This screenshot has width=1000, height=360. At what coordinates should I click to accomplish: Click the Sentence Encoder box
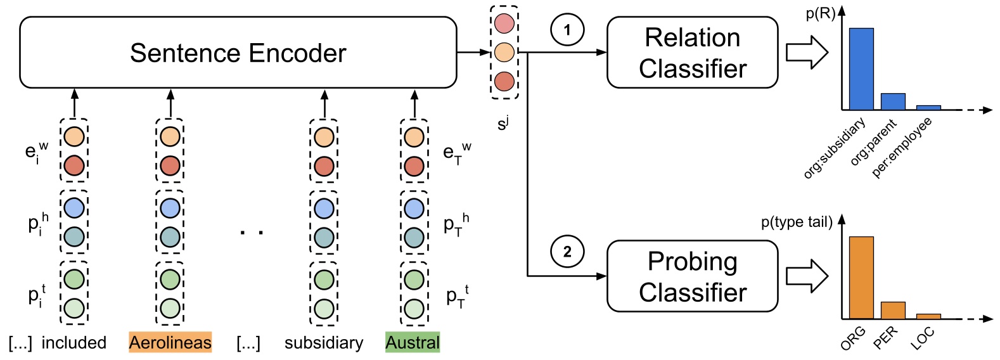tap(238, 53)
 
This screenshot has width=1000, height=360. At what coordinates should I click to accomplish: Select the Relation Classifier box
tap(692, 53)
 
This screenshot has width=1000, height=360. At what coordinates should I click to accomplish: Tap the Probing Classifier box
tap(692, 276)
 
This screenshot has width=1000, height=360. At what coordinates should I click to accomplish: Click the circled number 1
tap(567, 29)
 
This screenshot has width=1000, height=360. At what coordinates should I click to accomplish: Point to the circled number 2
tap(567, 252)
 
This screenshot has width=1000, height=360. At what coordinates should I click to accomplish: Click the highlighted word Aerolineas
tap(170, 343)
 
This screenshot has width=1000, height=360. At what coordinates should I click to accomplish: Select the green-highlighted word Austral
tap(413, 343)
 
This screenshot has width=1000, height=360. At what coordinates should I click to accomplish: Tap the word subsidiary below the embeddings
tap(324, 343)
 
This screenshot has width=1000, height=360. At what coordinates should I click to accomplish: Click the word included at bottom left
tap(74, 343)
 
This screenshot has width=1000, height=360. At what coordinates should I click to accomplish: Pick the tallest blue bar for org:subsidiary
tap(861, 69)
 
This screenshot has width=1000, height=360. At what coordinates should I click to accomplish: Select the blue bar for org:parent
tap(893, 102)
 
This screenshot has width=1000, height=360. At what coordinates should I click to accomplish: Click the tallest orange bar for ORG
tap(861, 278)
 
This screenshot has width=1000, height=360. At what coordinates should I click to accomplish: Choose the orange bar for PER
tap(893, 311)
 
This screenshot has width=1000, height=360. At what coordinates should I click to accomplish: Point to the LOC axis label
tap(922, 339)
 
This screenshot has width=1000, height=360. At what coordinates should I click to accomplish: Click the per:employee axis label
tap(902, 147)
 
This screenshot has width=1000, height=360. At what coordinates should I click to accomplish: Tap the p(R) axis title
tap(820, 14)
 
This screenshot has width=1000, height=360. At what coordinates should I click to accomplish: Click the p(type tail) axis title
tap(797, 222)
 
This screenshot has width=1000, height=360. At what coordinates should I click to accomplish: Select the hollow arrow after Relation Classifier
tap(807, 53)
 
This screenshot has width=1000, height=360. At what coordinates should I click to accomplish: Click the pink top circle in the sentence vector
tap(504, 23)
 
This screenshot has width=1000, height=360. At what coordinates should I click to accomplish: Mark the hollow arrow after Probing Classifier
tap(807, 276)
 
